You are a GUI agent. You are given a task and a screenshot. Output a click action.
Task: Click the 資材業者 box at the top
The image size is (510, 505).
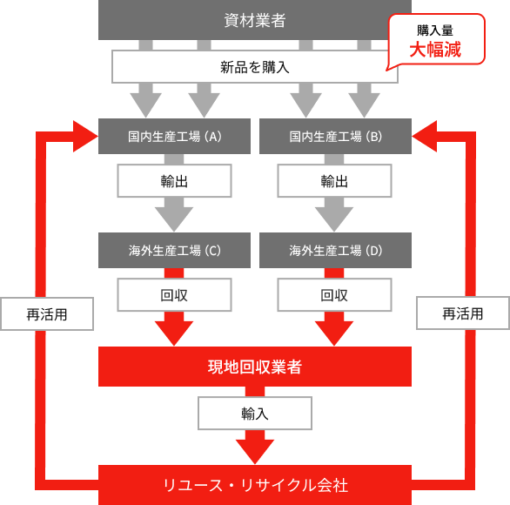(x=254, y=19)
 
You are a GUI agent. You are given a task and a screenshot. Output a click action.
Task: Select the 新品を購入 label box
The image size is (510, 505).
(x=254, y=66)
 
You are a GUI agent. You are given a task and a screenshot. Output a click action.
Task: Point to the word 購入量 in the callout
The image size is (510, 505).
(x=434, y=30)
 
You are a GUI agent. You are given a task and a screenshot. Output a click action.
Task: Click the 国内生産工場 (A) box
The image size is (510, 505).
(x=174, y=136)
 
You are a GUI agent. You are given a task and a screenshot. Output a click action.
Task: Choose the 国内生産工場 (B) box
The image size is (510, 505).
(x=335, y=136)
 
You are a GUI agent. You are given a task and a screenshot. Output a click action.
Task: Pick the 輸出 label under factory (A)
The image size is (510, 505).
(x=174, y=181)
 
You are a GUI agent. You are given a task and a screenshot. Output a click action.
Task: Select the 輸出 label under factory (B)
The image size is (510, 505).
(x=335, y=181)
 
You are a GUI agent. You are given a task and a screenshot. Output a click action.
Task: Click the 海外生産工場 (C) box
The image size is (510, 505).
(x=174, y=250)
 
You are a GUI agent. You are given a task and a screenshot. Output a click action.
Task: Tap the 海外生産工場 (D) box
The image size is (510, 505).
(x=335, y=250)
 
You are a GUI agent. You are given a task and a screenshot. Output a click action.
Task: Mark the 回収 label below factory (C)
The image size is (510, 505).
(x=174, y=295)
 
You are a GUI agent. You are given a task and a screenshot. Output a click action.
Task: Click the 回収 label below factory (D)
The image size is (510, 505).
(x=335, y=295)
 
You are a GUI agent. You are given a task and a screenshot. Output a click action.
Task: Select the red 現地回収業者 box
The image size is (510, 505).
(x=254, y=367)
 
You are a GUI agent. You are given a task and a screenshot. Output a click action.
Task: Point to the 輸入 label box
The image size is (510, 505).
(x=254, y=414)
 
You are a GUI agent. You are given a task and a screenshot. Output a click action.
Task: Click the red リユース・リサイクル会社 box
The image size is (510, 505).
(x=254, y=484)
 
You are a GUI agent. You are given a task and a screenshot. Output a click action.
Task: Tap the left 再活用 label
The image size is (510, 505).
(x=47, y=314)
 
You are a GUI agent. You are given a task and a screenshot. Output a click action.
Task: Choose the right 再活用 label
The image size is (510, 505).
(x=462, y=314)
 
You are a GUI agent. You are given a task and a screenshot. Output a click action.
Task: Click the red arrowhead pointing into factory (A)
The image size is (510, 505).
(x=85, y=136)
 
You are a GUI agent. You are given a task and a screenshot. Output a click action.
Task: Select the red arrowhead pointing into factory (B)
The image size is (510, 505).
(x=425, y=136)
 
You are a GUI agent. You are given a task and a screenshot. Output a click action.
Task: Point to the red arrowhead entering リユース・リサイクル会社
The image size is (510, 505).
(x=254, y=451)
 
